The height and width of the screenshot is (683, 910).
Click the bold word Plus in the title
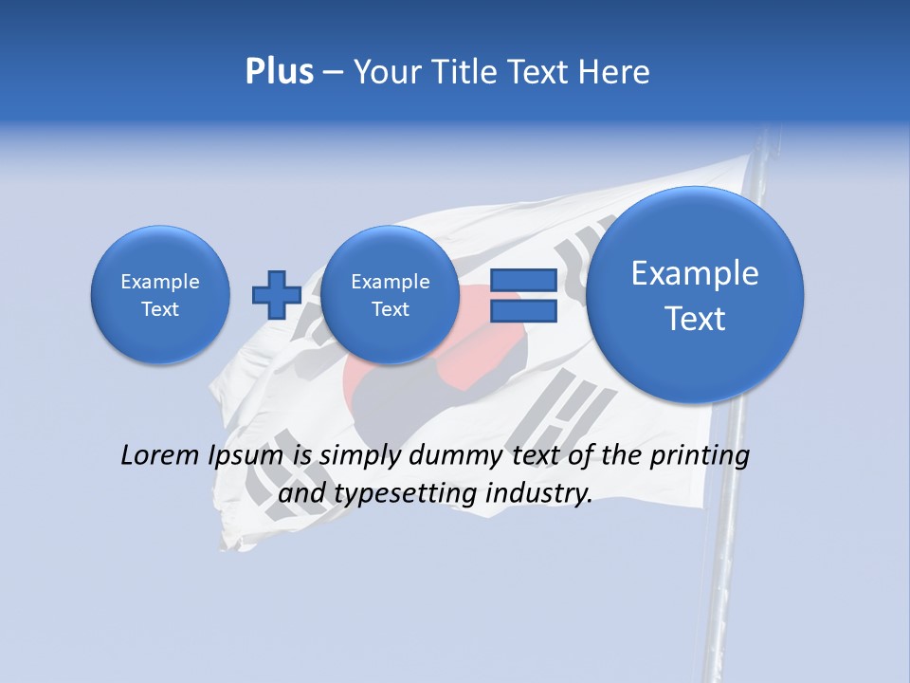279,71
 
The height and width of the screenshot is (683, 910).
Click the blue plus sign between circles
276,295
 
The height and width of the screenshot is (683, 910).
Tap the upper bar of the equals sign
522,280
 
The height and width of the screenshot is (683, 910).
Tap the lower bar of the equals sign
522,312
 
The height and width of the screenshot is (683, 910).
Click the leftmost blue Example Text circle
160,295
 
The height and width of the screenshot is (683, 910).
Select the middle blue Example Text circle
391,295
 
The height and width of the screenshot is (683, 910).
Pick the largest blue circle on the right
695,295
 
